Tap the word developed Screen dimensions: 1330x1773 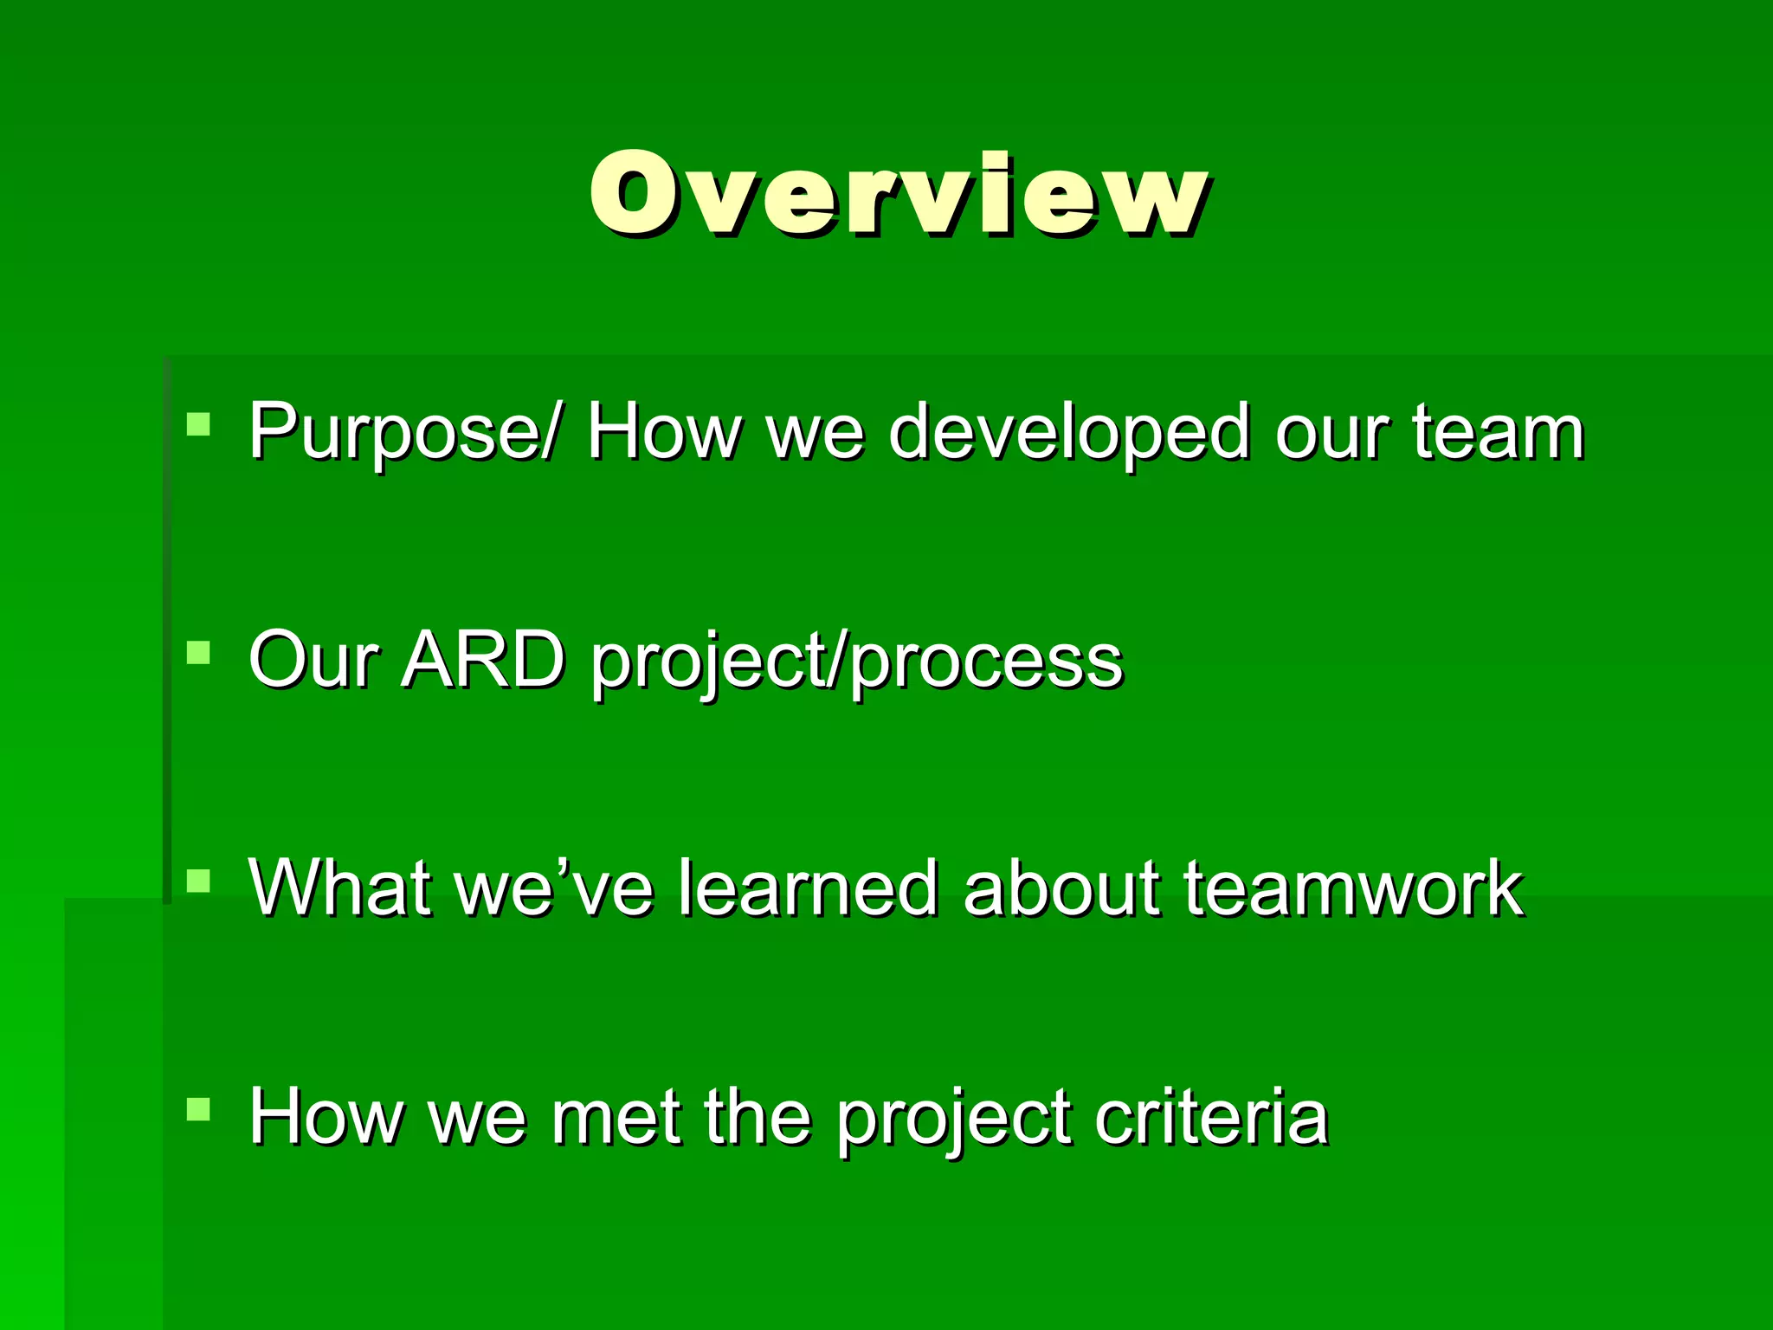click(1068, 432)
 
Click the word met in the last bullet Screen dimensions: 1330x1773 click(615, 1117)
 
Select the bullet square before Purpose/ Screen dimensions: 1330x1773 click(198, 423)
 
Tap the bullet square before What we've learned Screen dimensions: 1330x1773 click(198, 881)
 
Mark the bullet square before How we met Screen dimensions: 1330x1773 click(198, 1109)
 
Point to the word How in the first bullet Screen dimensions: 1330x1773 click(662, 432)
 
